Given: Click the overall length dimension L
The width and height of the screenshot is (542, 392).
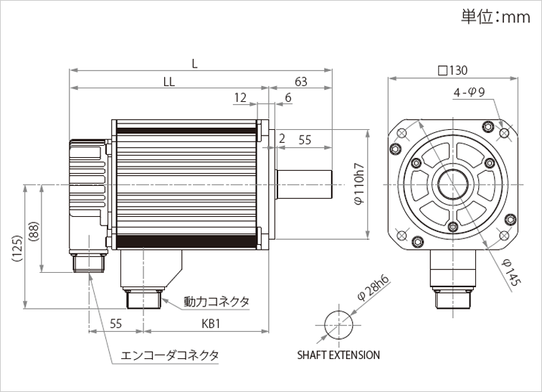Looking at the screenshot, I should coord(194,62).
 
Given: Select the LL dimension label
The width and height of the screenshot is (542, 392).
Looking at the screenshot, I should coord(168,82).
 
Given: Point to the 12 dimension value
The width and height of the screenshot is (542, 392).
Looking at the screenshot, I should coord(240,98).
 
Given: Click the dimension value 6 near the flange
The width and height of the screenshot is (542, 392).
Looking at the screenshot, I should coord(287,98).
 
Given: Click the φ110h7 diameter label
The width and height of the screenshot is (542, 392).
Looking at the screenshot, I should coord(360,184).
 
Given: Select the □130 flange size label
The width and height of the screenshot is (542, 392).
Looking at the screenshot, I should coord(452,70).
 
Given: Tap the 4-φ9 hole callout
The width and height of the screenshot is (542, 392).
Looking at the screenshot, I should coord(470,93).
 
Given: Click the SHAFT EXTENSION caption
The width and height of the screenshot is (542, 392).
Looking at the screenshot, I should coord(338,355).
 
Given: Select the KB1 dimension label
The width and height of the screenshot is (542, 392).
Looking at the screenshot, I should coord(209,324).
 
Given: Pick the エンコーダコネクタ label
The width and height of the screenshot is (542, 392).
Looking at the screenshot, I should coord(170,355).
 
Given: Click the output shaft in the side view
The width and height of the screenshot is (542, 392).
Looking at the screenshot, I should coord(305,184).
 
